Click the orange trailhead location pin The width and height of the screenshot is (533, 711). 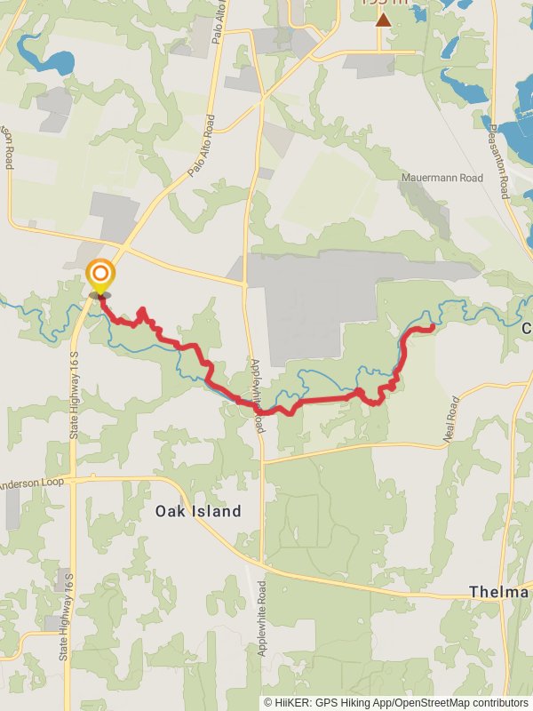coord(100,274)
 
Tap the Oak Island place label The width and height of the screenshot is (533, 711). coord(198,511)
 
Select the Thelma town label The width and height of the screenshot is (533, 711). coord(499,592)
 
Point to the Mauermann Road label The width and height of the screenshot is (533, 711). coord(442,179)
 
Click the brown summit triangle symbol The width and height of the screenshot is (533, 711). coord(383,19)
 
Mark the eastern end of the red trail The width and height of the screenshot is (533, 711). coord(432,328)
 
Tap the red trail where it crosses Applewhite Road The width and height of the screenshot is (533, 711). coord(259,408)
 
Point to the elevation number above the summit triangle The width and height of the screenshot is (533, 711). coord(383,3)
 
